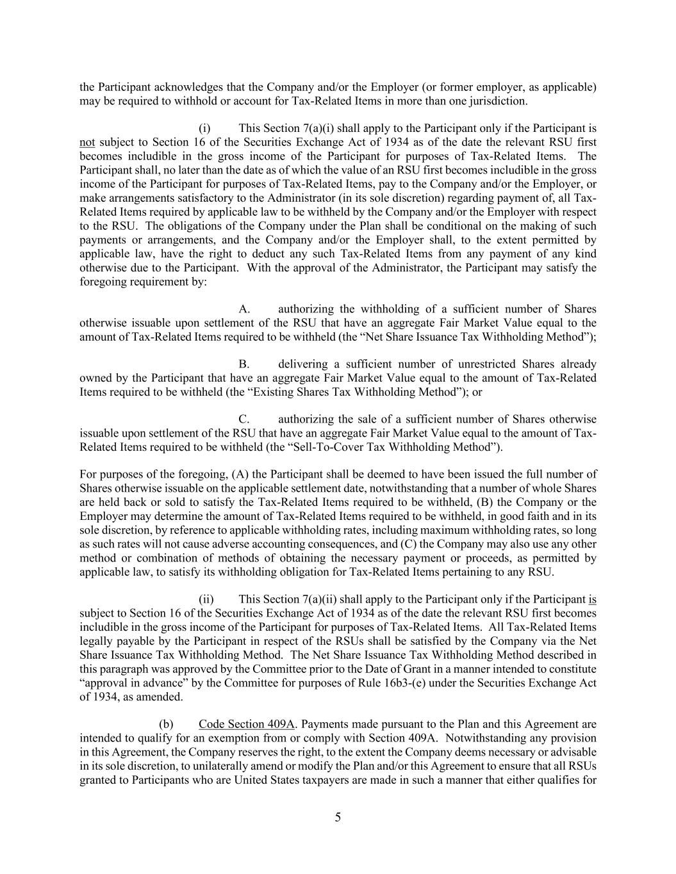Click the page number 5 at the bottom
point(338,817)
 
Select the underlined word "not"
point(87,142)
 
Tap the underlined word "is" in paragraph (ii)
point(592,599)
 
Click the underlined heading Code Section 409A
point(247,724)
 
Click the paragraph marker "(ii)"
point(206,599)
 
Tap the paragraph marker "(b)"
point(166,724)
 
